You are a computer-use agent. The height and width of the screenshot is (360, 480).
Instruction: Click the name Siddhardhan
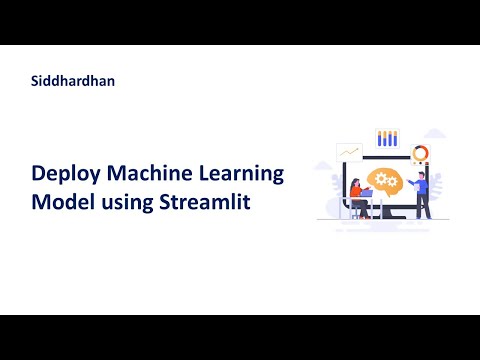[73, 81]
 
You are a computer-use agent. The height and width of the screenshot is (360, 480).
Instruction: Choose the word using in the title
[128, 203]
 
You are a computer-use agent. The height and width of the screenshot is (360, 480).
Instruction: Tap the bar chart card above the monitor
[387, 138]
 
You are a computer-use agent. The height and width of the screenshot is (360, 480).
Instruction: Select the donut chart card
[420, 152]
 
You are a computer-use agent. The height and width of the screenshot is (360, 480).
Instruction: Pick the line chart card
[349, 152]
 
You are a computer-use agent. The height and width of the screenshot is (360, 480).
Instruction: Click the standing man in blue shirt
[423, 193]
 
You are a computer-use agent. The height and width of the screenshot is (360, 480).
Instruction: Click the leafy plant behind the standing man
[440, 195]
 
